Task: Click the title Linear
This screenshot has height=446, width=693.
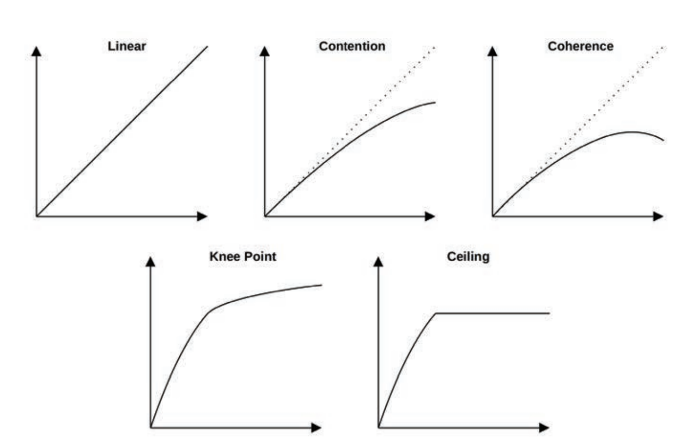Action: coord(127,46)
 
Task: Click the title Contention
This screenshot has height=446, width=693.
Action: coord(352,46)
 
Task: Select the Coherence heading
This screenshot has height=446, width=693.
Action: coord(580,46)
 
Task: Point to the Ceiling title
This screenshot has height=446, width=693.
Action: coord(468,257)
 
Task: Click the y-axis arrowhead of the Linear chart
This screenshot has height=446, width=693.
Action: coord(36,51)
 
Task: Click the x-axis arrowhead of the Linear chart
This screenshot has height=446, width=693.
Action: coord(202,216)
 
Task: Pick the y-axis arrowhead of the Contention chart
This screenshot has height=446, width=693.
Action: coord(264,51)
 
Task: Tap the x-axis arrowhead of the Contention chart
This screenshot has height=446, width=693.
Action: coord(430,216)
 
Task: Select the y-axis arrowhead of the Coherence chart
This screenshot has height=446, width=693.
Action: coord(492,51)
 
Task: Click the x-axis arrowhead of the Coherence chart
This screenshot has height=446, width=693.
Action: coord(658,216)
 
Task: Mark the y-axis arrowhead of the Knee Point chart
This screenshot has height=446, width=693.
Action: coord(150,262)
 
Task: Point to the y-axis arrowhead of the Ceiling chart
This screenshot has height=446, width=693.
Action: coord(378,262)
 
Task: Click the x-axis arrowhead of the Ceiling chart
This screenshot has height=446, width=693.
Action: coord(544,428)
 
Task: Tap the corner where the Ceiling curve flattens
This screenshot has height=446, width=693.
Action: coord(436,314)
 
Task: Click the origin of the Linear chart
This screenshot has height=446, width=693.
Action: coord(36,216)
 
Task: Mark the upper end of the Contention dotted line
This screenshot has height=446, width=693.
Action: coord(434,47)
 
